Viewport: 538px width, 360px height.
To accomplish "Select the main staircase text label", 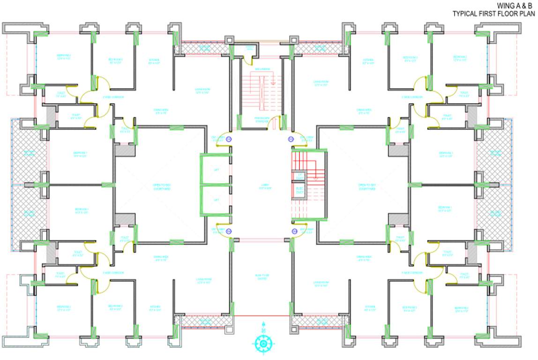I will tap(262, 69).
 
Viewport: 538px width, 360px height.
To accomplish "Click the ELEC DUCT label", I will tap(300, 191).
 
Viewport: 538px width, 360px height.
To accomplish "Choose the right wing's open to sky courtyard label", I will tap(367, 187).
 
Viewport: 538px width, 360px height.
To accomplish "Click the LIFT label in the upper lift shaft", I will tap(217, 169).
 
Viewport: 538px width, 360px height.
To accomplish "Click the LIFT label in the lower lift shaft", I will tap(217, 200).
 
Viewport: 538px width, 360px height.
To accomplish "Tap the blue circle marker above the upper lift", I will tap(229, 139).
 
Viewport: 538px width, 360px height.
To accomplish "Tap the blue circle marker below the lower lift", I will tap(229, 231).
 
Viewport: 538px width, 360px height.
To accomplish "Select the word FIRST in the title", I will tap(487, 14).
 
